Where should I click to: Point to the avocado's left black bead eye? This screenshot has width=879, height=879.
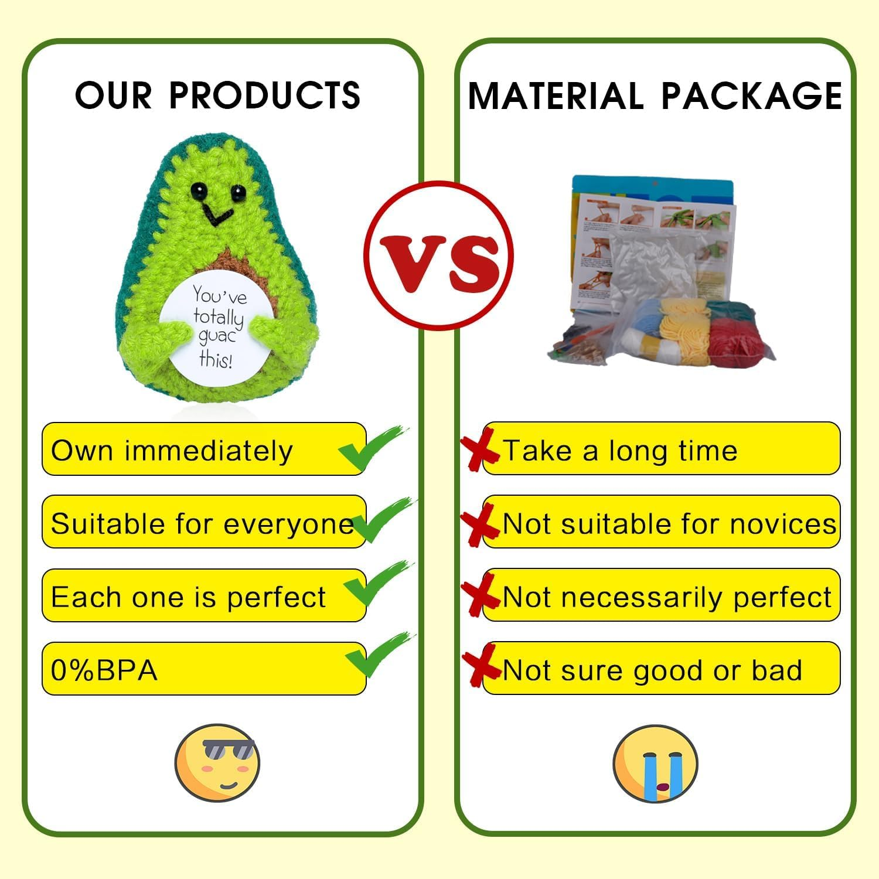point(198,189)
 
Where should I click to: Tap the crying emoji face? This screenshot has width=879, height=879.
point(655,764)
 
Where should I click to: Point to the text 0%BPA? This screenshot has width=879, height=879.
point(104,670)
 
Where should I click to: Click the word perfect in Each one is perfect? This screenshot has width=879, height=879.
point(276,598)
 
